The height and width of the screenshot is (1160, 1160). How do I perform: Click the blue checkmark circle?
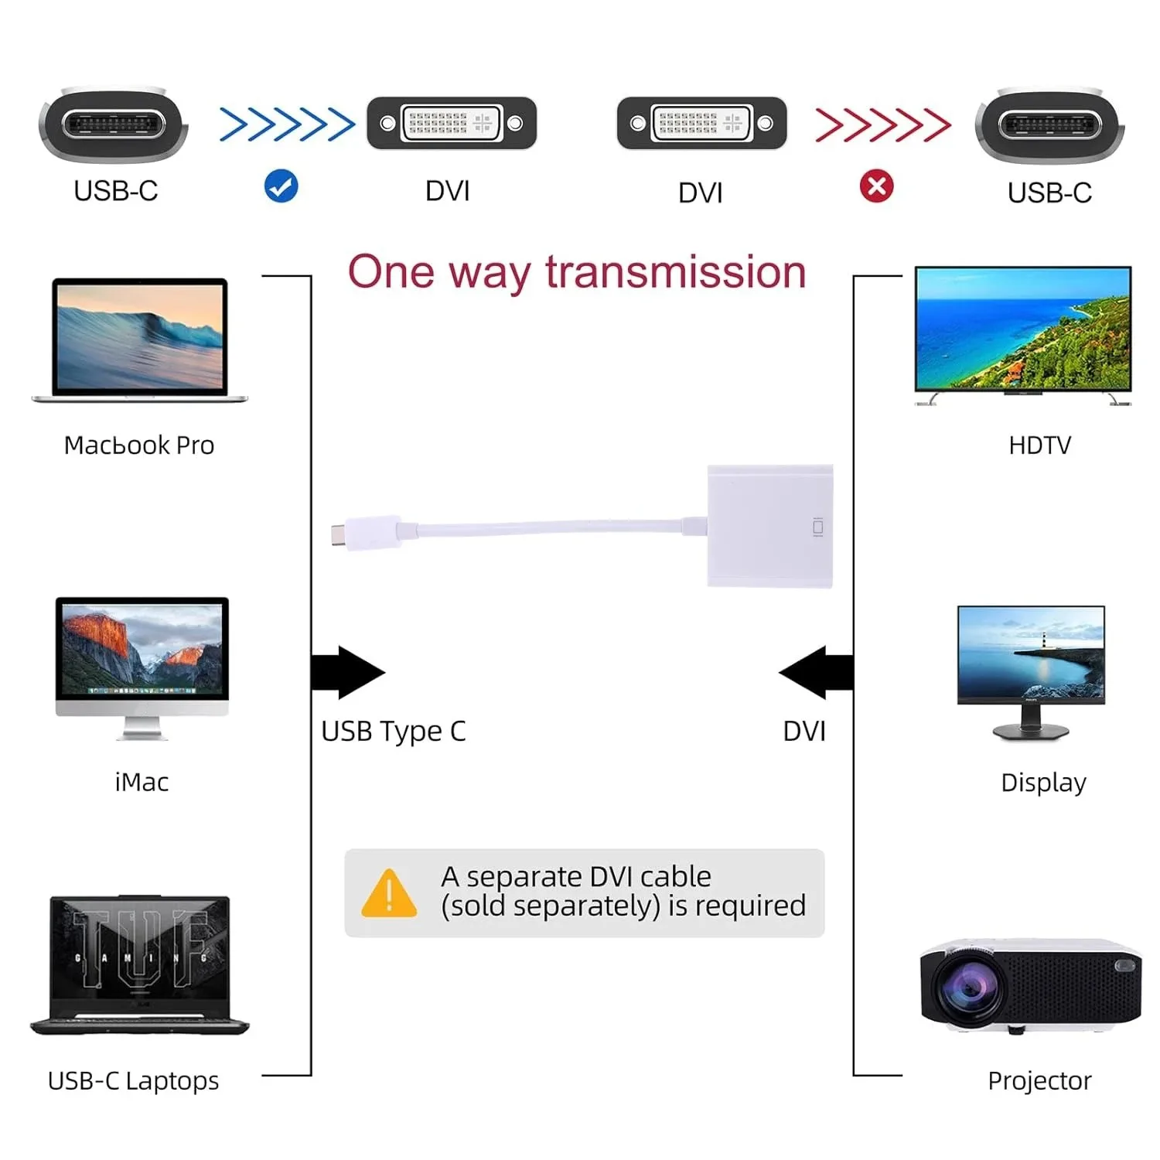click(x=281, y=186)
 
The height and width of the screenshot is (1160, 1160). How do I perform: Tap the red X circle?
click(x=876, y=186)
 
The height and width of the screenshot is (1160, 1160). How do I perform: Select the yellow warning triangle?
click(x=389, y=894)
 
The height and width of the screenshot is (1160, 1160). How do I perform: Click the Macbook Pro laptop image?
click(x=140, y=340)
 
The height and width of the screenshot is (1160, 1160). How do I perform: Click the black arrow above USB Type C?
click(x=347, y=672)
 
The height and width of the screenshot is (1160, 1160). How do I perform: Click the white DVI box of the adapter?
click(x=769, y=526)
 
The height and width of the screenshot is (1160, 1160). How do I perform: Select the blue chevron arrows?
click(x=287, y=125)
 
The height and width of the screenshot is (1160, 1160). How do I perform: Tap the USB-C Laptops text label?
click(x=133, y=1080)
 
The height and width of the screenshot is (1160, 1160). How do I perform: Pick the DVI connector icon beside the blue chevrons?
click(x=452, y=123)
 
